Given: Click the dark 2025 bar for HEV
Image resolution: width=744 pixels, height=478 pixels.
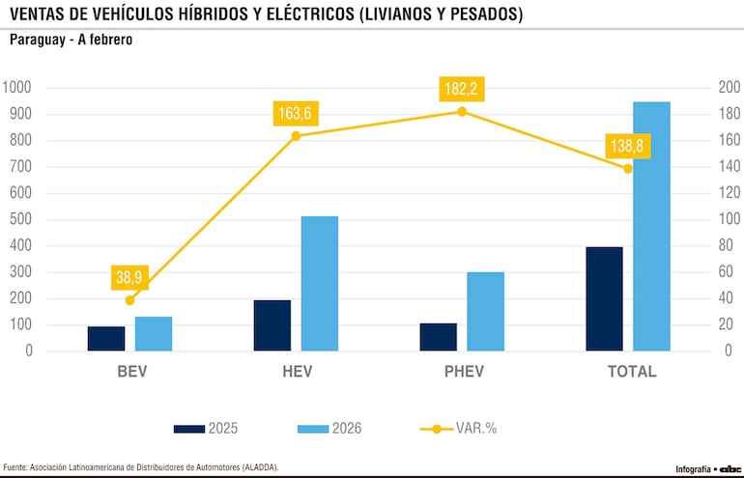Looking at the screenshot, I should click(272, 325).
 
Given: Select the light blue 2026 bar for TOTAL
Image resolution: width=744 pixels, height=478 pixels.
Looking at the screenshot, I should click(651, 226).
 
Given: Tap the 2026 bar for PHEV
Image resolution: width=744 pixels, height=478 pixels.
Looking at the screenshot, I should click(486, 311).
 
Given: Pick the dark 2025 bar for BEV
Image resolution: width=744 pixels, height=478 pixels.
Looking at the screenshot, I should click(106, 338).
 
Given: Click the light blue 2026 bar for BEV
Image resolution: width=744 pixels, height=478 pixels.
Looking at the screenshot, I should click(154, 333).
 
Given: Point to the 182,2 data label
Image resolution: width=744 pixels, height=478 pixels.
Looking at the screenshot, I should click(462, 89).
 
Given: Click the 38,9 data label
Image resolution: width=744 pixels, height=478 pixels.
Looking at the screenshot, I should click(130, 277).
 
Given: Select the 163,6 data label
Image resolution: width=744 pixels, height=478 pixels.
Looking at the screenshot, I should click(296, 113).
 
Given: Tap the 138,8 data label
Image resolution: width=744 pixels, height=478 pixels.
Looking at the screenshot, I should click(628, 146).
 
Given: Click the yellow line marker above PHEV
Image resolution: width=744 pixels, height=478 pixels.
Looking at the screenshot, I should click(462, 112).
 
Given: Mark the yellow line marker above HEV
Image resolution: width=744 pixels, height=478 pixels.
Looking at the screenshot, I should click(296, 136).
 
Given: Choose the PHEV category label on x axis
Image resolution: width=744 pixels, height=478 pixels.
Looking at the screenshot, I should click(463, 372).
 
